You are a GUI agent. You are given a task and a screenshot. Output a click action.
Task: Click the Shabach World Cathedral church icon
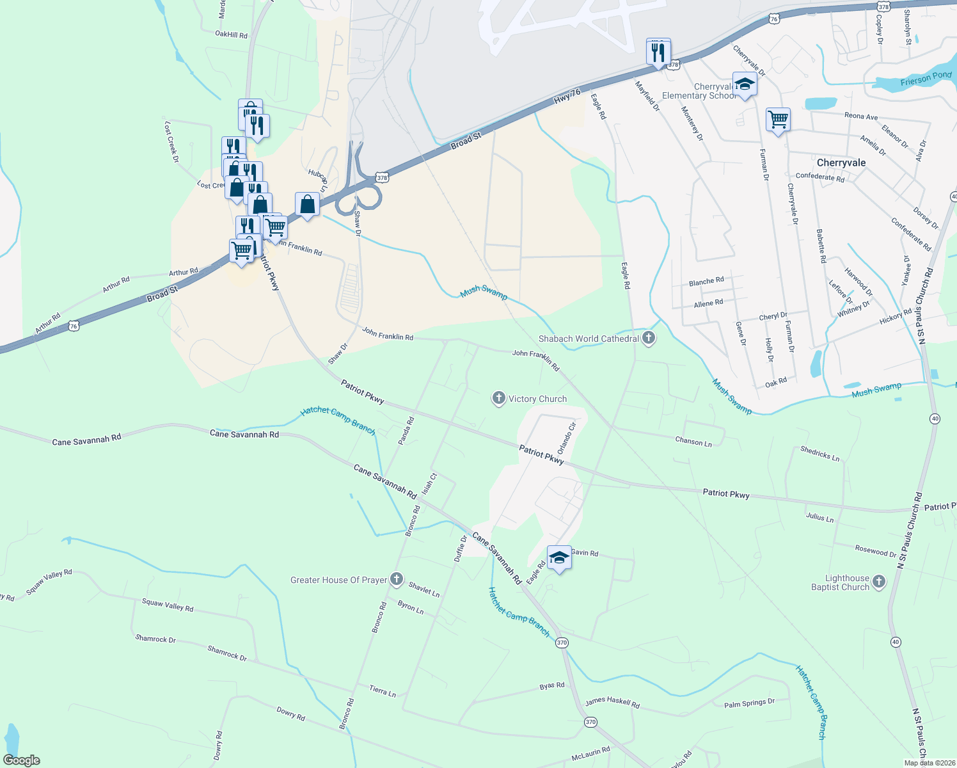(x=649, y=338)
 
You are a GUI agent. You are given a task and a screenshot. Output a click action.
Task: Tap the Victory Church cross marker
(x=498, y=398)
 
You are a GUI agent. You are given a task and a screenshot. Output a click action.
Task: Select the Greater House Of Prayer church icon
(x=397, y=580)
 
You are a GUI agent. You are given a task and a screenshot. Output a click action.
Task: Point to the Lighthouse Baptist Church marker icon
(x=879, y=582)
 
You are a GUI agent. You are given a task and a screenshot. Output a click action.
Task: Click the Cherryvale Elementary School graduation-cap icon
(x=744, y=85)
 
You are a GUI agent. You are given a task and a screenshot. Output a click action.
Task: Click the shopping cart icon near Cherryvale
(x=778, y=120)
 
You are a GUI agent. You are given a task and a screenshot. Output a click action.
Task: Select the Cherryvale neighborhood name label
(x=841, y=163)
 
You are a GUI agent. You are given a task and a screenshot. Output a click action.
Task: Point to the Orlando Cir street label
(x=567, y=438)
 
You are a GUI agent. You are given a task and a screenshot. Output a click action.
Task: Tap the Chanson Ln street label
(x=693, y=442)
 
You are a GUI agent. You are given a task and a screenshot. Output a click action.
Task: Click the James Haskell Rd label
(x=612, y=702)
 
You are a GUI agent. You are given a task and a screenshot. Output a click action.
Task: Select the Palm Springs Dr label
(x=749, y=703)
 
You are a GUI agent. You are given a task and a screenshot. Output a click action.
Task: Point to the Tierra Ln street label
(x=383, y=691)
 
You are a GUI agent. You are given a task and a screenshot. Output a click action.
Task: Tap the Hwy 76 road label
(x=567, y=96)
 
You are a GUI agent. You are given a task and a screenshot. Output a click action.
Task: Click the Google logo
(x=22, y=760)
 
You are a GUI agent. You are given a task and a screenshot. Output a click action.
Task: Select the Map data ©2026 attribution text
(x=928, y=763)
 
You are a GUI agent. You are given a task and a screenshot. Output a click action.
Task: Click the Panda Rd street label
(x=406, y=431)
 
